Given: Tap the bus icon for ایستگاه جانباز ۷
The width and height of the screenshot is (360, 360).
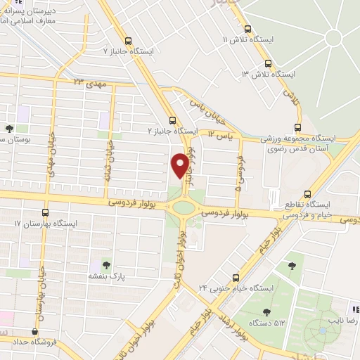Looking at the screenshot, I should coord(127,40).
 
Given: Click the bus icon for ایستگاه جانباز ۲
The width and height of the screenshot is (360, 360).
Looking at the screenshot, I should coord(173,120).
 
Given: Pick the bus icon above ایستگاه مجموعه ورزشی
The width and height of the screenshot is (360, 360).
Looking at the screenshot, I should coord(298,127).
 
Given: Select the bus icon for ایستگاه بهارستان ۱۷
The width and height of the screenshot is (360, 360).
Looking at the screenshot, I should coord(46,212).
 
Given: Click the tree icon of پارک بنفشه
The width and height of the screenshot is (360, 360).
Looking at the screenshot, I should coord(106,265).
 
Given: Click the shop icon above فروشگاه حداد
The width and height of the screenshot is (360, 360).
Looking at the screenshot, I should coord(35,332).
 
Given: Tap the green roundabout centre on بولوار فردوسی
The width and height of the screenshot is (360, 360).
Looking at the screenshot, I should coord(185,207).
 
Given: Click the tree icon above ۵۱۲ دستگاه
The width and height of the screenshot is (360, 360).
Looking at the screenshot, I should coord(266,311).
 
